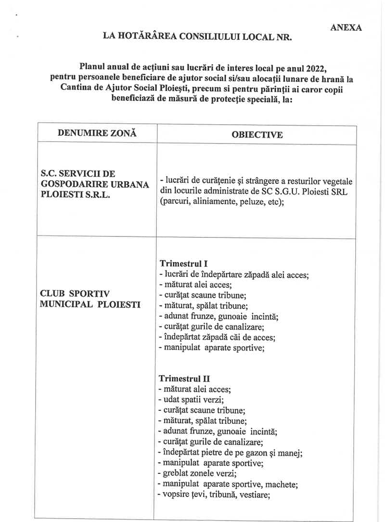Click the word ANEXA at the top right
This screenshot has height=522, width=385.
(x=346, y=27)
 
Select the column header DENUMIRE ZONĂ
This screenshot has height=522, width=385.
(x=97, y=133)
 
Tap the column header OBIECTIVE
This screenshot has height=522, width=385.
(x=257, y=135)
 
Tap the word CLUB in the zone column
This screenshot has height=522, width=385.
(x=52, y=293)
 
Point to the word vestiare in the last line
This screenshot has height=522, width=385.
(x=244, y=495)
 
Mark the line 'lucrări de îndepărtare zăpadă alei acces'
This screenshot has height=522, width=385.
(x=233, y=275)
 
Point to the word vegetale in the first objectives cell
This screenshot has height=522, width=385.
(x=336, y=182)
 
